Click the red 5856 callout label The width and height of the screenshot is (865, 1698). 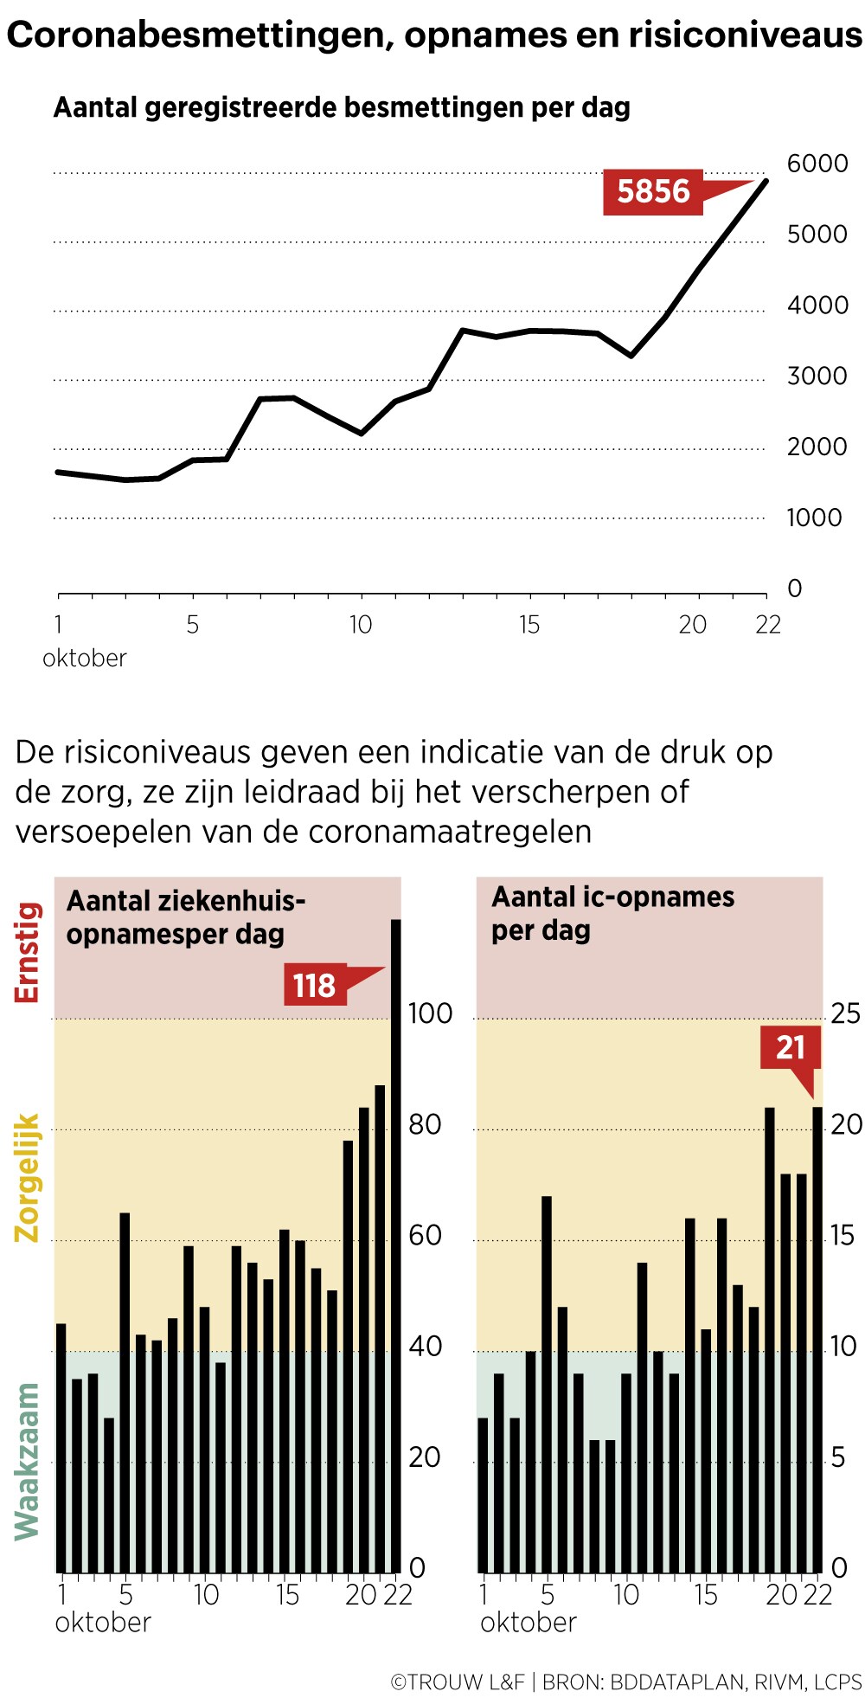[653, 191]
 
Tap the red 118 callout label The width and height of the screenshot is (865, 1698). [315, 985]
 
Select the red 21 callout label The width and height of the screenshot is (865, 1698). [790, 1047]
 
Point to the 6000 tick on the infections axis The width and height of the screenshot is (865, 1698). [817, 164]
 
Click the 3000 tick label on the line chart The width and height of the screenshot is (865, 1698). [817, 376]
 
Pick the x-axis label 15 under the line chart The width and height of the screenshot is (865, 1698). [529, 625]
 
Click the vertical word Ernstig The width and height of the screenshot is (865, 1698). [28, 952]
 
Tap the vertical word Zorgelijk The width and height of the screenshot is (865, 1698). [28, 1177]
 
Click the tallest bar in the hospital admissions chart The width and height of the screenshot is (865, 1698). [396, 1246]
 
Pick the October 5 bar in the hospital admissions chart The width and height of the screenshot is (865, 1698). [125, 1393]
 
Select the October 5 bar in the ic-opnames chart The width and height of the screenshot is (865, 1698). [547, 1385]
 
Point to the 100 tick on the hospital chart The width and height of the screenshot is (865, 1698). [430, 1013]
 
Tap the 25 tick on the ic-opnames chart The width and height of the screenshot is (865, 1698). [845, 1013]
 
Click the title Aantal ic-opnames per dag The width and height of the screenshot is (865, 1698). [612, 913]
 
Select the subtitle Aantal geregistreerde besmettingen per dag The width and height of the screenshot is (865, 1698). [342, 108]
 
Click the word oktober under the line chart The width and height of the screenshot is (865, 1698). [85, 659]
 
